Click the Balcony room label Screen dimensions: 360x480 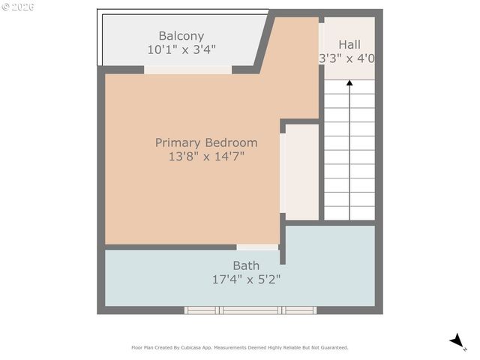[x=181, y=36]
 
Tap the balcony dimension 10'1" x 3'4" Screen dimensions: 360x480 [x=181, y=50]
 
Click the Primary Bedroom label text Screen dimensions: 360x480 [x=206, y=142]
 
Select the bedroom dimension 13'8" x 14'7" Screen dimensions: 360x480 [x=206, y=157]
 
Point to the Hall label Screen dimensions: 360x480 [x=349, y=45]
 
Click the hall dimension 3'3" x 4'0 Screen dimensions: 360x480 [x=347, y=58]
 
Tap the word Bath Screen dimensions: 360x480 [x=246, y=265]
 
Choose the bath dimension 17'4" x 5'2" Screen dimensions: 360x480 [x=246, y=279]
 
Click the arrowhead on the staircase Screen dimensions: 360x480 [x=349, y=84]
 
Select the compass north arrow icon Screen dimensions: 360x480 [x=457, y=342]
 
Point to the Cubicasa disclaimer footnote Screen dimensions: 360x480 [x=240, y=347]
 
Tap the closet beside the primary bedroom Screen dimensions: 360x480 [x=302, y=172]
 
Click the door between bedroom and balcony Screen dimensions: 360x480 [x=187, y=70]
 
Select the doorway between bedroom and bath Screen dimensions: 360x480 [x=257, y=247]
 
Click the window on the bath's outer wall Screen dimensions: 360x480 [x=250, y=310]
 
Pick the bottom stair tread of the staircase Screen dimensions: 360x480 [x=349, y=213]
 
